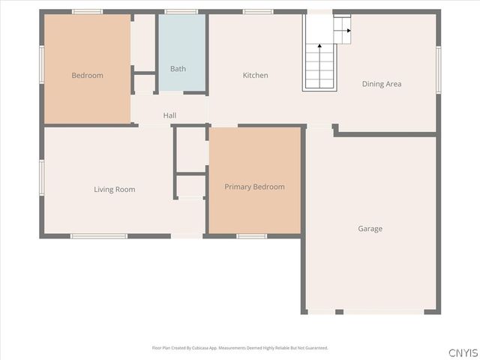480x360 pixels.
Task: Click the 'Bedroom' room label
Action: tap(87, 75)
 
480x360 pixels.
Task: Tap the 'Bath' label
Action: tap(178, 69)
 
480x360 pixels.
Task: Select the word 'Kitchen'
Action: tap(255, 75)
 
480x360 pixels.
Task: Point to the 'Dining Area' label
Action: tap(382, 84)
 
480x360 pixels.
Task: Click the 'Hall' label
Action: tap(169, 115)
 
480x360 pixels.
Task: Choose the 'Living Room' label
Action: tap(114, 189)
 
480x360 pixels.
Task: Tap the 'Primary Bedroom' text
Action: tap(254, 187)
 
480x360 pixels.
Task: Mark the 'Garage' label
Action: tap(370, 229)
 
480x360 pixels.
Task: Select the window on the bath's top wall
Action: tap(181, 11)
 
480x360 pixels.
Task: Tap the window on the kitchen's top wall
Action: tap(257, 11)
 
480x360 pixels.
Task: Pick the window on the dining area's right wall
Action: tap(438, 70)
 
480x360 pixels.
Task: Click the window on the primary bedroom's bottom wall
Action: tap(251, 236)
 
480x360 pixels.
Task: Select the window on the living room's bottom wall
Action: tap(98, 236)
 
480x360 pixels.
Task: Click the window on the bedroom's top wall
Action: tap(87, 11)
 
